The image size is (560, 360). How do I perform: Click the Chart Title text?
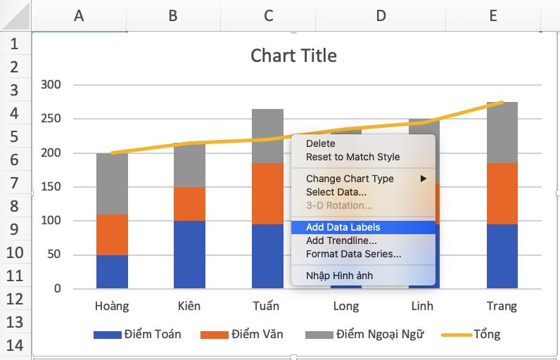pyautogui.click(x=293, y=56)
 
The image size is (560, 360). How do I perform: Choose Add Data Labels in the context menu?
pyautogui.click(x=343, y=227)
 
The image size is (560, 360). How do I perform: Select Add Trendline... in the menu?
pyautogui.click(x=341, y=240)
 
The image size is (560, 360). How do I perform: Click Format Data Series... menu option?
pyautogui.click(x=353, y=254)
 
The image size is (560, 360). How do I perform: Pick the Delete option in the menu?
pyautogui.click(x=321, y=143)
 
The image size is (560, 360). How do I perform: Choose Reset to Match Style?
pyautogui.click(x=352, y=157)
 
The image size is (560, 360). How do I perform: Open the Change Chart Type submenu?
pyautogui.click(x=350, y=179)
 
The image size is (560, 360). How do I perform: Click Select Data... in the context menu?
pyautogui.click(x=336, y=192)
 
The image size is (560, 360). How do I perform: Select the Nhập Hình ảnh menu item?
pyautogui.click(x=339, y=276)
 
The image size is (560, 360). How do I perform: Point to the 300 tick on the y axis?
pyautogui.click(x=51, y=85)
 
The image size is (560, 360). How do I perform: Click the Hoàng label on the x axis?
pyautogui.click(x=112, y=306)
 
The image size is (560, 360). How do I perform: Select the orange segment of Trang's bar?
pyautogui.click(x=502, y=193)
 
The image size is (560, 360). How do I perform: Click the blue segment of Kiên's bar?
pyautogui.click(x=189, y=255)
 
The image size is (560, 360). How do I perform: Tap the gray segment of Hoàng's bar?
pyautogui.click(x=112, y=184)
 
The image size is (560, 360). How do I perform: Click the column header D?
pyautogui.click(x=381, y=15)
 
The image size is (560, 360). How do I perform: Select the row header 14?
pyautogui.click(x=15, y=345)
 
